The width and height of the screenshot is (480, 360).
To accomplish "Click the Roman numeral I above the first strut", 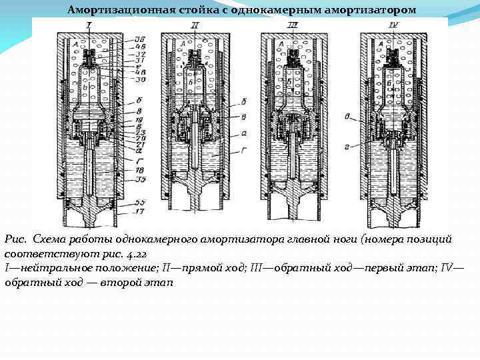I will (89, 25).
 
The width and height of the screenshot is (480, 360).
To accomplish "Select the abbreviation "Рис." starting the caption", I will (15, 239).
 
